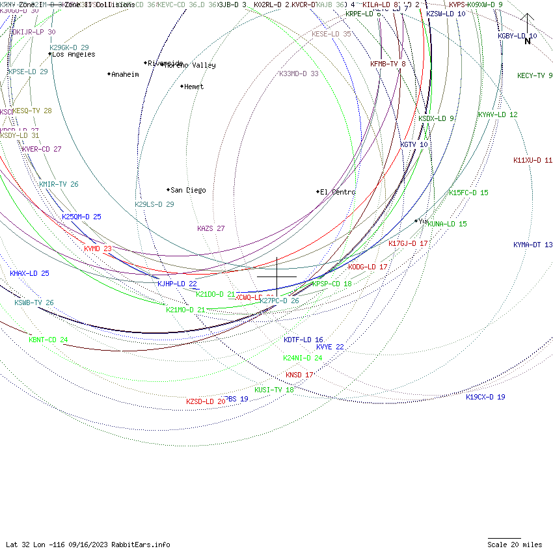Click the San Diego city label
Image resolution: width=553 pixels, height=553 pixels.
(188, 191)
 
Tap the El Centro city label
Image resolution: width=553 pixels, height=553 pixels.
(338, 193)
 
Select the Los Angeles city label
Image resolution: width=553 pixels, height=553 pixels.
(73, 55)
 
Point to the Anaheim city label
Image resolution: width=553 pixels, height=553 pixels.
(125, 75)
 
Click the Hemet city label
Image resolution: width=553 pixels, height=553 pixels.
(194, 87)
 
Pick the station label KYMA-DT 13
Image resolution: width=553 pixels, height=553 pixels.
(533, 245)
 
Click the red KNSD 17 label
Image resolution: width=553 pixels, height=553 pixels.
(299, 375)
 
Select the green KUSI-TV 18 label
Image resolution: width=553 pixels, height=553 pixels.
(274, 390)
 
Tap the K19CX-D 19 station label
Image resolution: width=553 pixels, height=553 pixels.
(485, 397)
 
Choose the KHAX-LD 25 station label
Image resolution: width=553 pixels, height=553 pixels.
(29, 274)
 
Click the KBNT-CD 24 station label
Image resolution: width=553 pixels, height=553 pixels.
(48, 340)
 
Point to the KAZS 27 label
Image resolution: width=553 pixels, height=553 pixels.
(211, 229)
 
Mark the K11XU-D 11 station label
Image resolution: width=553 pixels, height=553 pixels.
(533, 160)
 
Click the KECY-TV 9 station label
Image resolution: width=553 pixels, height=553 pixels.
(535, 76)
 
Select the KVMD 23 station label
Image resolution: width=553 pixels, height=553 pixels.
(98, 249)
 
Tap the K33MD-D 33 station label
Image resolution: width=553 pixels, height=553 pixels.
(299, 74)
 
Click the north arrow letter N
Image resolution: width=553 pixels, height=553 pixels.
(528, 42)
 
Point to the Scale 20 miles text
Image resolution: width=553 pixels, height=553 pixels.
(515, 545)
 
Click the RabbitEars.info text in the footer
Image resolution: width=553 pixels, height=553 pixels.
(141, 545)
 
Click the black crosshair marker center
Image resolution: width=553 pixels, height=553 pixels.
(277, 276)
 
